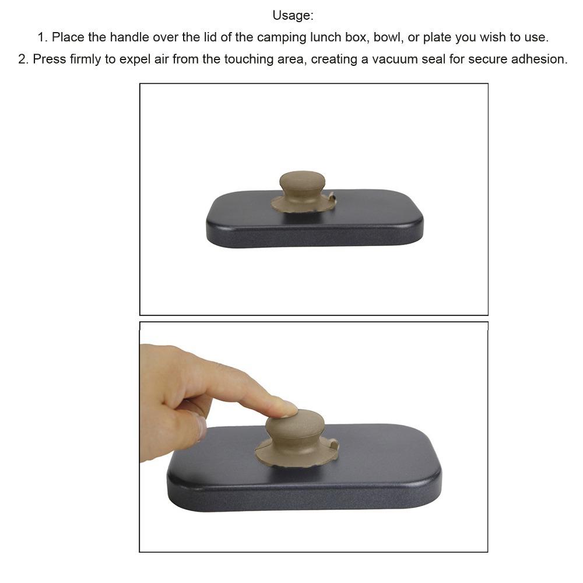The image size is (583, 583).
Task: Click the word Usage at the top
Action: point(292,16)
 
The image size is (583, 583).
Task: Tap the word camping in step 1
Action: point(282,37)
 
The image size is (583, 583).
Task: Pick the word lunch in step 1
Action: point(325,37)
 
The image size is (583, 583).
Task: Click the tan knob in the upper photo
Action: point(303,186)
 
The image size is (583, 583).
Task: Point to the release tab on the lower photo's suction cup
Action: point(333,445)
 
